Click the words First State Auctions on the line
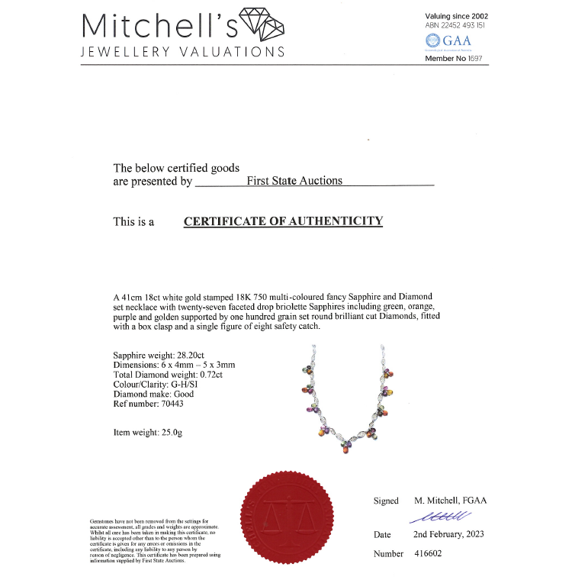coord(294,181)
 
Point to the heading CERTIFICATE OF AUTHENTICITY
coord(283,221)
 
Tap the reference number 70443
coord(168,404)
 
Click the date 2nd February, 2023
coord(448,534)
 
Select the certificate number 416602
coord(427,553)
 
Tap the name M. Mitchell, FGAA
coord(450,501)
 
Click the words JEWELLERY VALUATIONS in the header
coord(183,52)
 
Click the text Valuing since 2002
coord(456,15)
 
